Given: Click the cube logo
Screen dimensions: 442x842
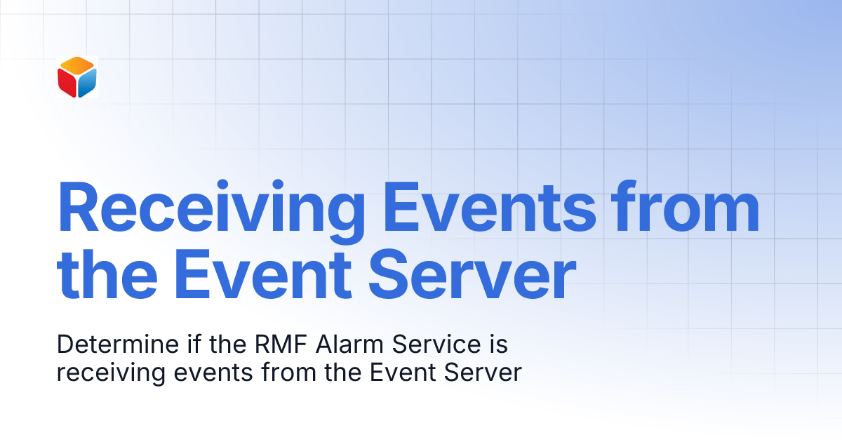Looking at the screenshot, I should click(x=76, y=77).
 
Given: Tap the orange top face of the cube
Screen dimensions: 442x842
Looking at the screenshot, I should click(x=76, y=67).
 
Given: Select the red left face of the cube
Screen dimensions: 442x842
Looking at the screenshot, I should click(x=67, y=83).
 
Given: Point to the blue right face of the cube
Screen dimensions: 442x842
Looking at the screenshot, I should click(x=86, y=83).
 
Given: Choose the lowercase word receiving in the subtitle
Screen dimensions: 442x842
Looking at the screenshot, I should click(x=102, y=373).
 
